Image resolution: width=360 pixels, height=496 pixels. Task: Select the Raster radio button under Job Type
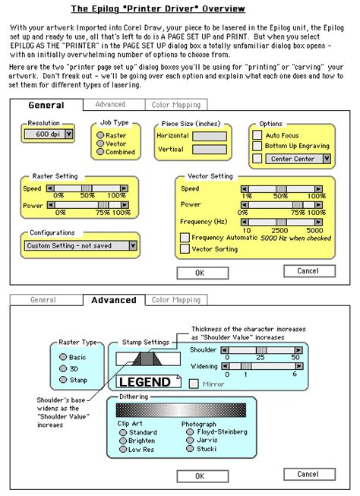click(x=99, y=134)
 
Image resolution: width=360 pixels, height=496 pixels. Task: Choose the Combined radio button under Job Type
click(x=99, y=152)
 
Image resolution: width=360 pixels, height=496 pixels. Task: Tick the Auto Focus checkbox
click(x=257, y=134)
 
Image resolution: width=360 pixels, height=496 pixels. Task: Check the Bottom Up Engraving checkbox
click(x=257, y=146)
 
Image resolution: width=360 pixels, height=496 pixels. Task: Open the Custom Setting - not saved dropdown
click(x=81, y=245)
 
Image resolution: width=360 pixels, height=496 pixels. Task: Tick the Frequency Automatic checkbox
click(x=185, y=237)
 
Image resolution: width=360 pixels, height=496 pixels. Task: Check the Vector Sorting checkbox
click(x=185, y=248)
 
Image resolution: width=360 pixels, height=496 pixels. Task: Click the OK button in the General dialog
click(x=200, y=272)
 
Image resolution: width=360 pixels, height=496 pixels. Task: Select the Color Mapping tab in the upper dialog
click(x=175, y=105)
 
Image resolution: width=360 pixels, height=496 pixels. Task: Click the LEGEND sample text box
click(x=145, y=382)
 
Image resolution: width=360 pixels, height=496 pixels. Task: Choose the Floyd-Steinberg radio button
click(x=188, y=433)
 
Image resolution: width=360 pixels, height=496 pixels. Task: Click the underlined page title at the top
click(x=158, y=9)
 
